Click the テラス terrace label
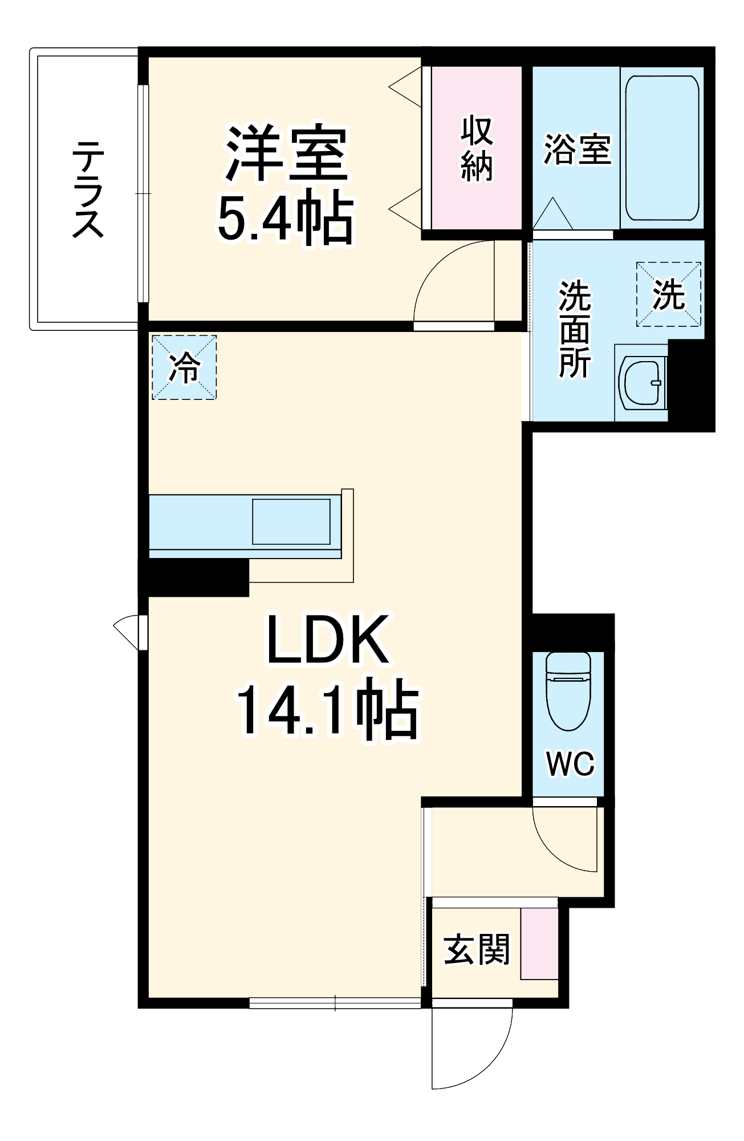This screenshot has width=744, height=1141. [88, 189]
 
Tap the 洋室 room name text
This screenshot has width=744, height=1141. [286, 152]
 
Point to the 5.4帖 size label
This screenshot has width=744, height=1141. [286, 218]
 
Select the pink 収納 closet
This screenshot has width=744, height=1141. [477, 148]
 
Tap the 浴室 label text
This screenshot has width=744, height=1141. [577, 149]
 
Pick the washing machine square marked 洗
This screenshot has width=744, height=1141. [669, 294]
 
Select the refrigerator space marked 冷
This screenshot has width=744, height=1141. [184, 367]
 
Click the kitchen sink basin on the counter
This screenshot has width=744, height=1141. [291, 521]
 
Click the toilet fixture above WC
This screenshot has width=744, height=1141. [568, 690]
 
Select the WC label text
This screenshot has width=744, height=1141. [570, 763]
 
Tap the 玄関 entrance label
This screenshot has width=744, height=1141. [477, 950]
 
